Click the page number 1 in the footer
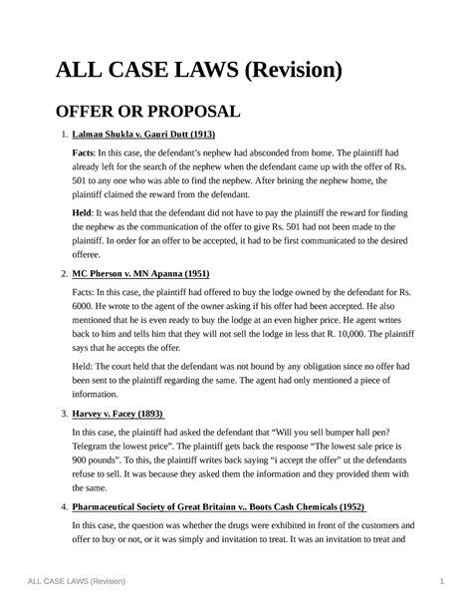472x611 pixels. coord(439,582)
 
